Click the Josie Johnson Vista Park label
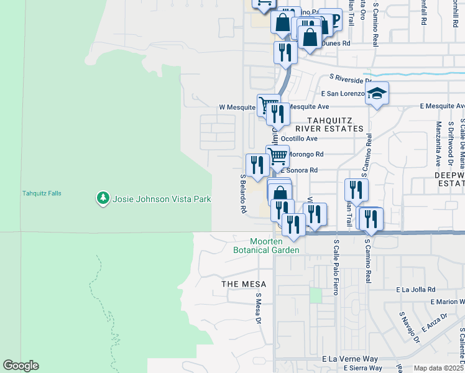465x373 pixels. [162, 199]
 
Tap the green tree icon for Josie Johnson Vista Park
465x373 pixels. [103, 198]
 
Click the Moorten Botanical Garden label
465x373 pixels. [275, 246]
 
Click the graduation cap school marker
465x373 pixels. [377, 94]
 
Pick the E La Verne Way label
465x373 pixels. [350, 359]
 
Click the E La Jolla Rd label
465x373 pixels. [416, 290]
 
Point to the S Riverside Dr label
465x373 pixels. [351, 78]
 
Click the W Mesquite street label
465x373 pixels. [237, 107]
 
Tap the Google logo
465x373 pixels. [21, 366]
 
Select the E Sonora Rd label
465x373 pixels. [300, 170]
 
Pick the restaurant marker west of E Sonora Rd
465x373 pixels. [256, 165]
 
